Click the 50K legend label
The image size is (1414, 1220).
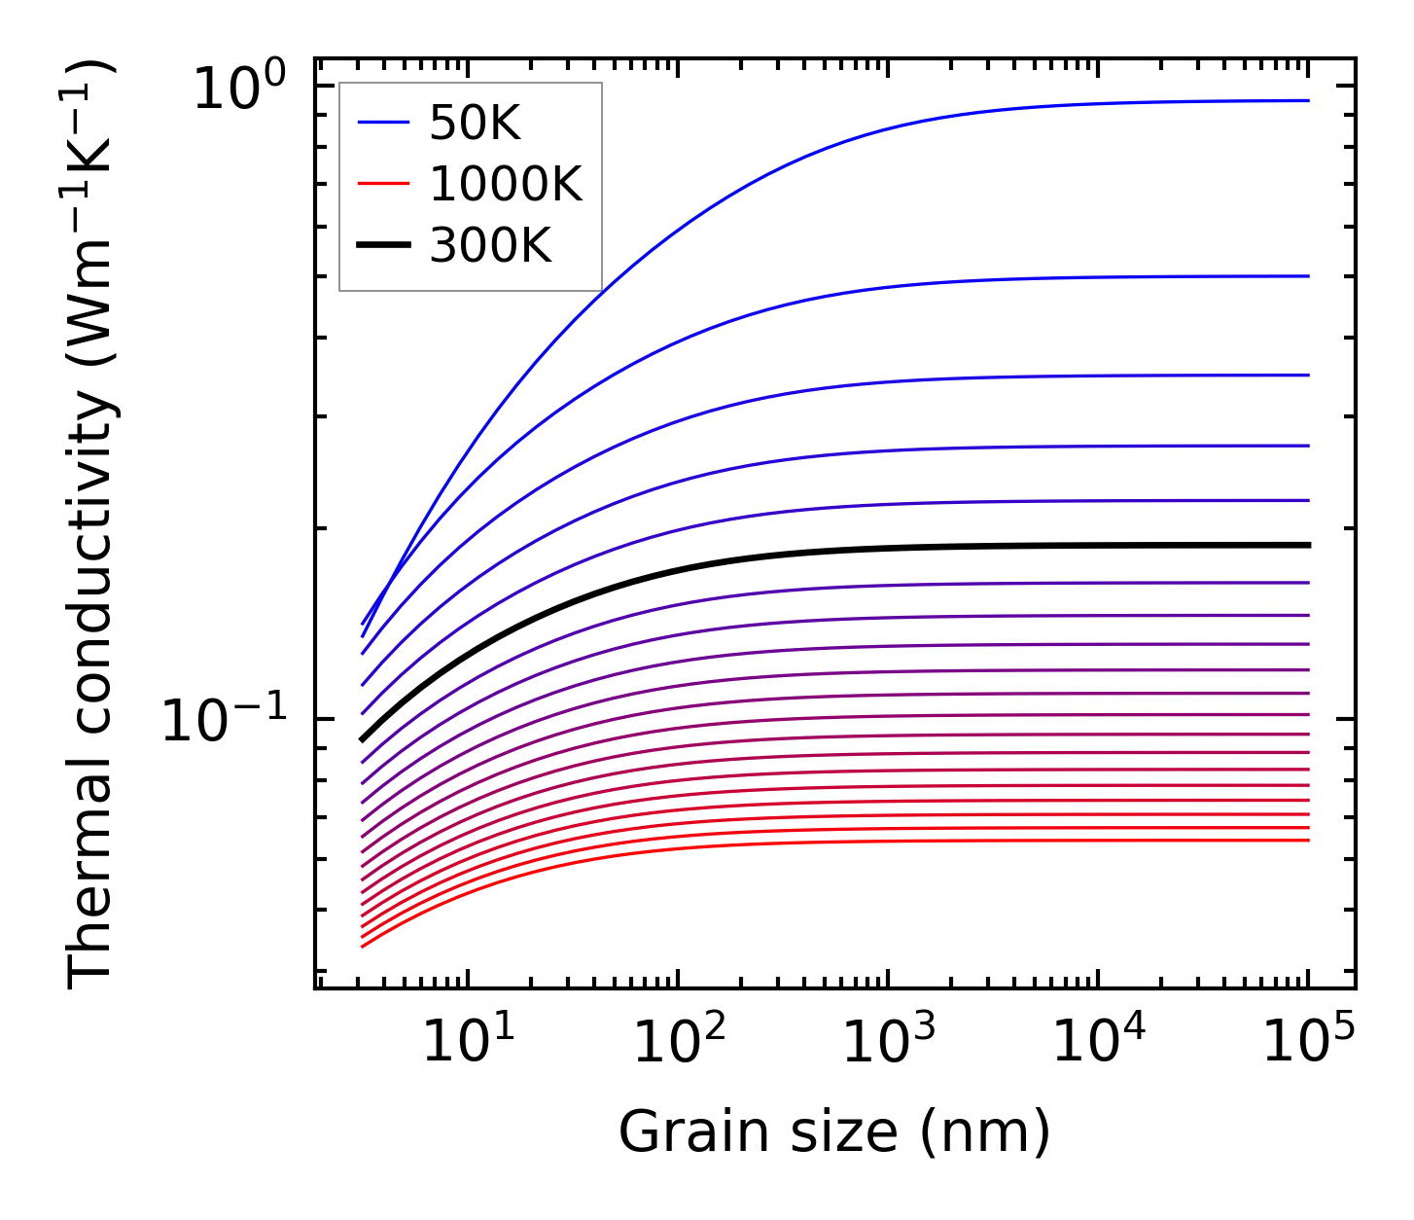point(476,123)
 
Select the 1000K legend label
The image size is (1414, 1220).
point(506,184)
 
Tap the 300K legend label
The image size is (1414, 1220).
point(490,246)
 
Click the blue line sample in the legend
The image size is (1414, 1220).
point(384,123)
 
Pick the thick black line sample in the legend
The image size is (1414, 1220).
point(384,246)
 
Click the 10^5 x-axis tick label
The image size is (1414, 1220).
point(1307,1042)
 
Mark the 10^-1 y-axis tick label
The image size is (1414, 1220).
point(225,721)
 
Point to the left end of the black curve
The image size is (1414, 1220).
point(363,739)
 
